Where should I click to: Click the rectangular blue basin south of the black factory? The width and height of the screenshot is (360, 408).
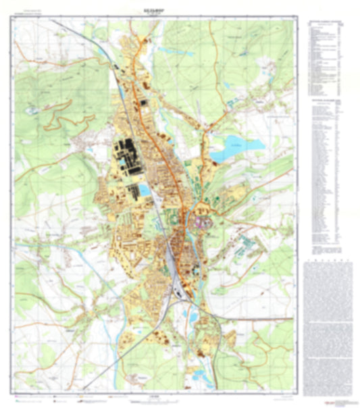tap(144, 190)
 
